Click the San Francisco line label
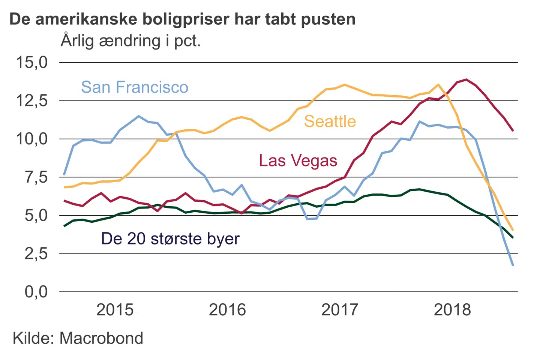[135, 87]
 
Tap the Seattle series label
[330, 121]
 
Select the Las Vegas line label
[298, 160]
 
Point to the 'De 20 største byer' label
[170, 238]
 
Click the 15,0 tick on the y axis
[31, 62]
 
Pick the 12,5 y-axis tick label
[31, 100]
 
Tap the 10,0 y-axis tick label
[31, 139]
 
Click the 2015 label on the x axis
[115, 310]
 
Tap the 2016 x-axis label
[227, 310]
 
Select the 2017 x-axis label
[340, 310]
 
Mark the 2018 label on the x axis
[452, 310]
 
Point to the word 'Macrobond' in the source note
[101, 338]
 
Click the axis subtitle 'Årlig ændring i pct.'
[130, 40]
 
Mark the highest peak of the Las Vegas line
[466, 79]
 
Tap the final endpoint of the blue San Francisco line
[513, 265]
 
